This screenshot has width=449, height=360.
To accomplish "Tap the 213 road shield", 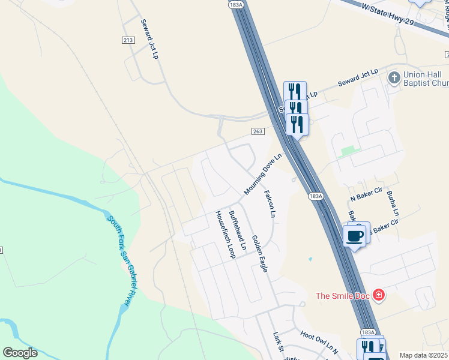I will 128,40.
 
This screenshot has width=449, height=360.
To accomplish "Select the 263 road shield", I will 258,131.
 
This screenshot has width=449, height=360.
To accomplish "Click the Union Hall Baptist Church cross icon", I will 393,77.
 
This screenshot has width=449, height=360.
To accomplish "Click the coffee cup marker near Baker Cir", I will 354,236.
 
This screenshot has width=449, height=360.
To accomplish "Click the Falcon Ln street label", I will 271,204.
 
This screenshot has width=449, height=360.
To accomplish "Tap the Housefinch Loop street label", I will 224,235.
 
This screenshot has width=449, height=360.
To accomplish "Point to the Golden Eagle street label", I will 259,254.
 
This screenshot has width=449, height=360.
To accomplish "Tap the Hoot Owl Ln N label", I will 320,343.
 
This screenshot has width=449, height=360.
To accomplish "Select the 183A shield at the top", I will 237,4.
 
